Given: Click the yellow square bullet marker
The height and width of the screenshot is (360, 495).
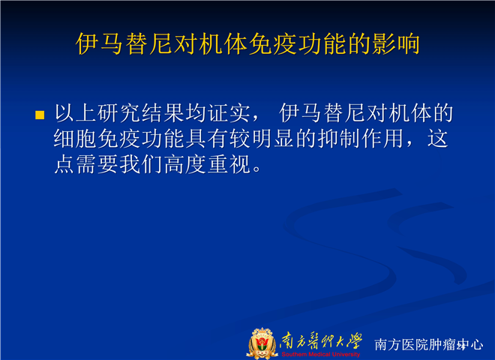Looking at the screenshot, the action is coord(40,115).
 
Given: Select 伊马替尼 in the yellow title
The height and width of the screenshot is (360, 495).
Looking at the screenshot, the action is coord(124,44).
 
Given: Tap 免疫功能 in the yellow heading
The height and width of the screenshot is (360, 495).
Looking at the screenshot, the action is coord(298,44).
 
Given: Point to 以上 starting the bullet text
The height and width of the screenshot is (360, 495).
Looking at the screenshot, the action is coord(75,112).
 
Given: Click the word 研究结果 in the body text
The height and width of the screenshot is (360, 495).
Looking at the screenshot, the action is coord(141,112).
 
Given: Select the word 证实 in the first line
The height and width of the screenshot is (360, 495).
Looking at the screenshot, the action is coord(229,112).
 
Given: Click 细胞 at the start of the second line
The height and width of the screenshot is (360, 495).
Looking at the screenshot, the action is coord(75,139).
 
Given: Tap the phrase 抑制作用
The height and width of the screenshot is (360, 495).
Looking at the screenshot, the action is coord(361,139).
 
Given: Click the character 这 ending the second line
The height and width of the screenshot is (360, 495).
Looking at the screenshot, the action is coord(438,139).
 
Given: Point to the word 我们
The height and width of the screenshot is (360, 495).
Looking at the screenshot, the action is coord(141,164).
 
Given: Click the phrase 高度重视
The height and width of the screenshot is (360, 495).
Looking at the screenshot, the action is coord(208,164).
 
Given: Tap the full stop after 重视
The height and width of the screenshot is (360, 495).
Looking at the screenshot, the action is coord(257,169).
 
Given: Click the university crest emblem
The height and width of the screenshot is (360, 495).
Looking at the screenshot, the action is coord(262,343).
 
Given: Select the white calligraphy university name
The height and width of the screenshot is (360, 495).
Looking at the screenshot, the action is coord(321,341).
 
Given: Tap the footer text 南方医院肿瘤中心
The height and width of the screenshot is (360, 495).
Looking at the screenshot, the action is coord(429,344).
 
